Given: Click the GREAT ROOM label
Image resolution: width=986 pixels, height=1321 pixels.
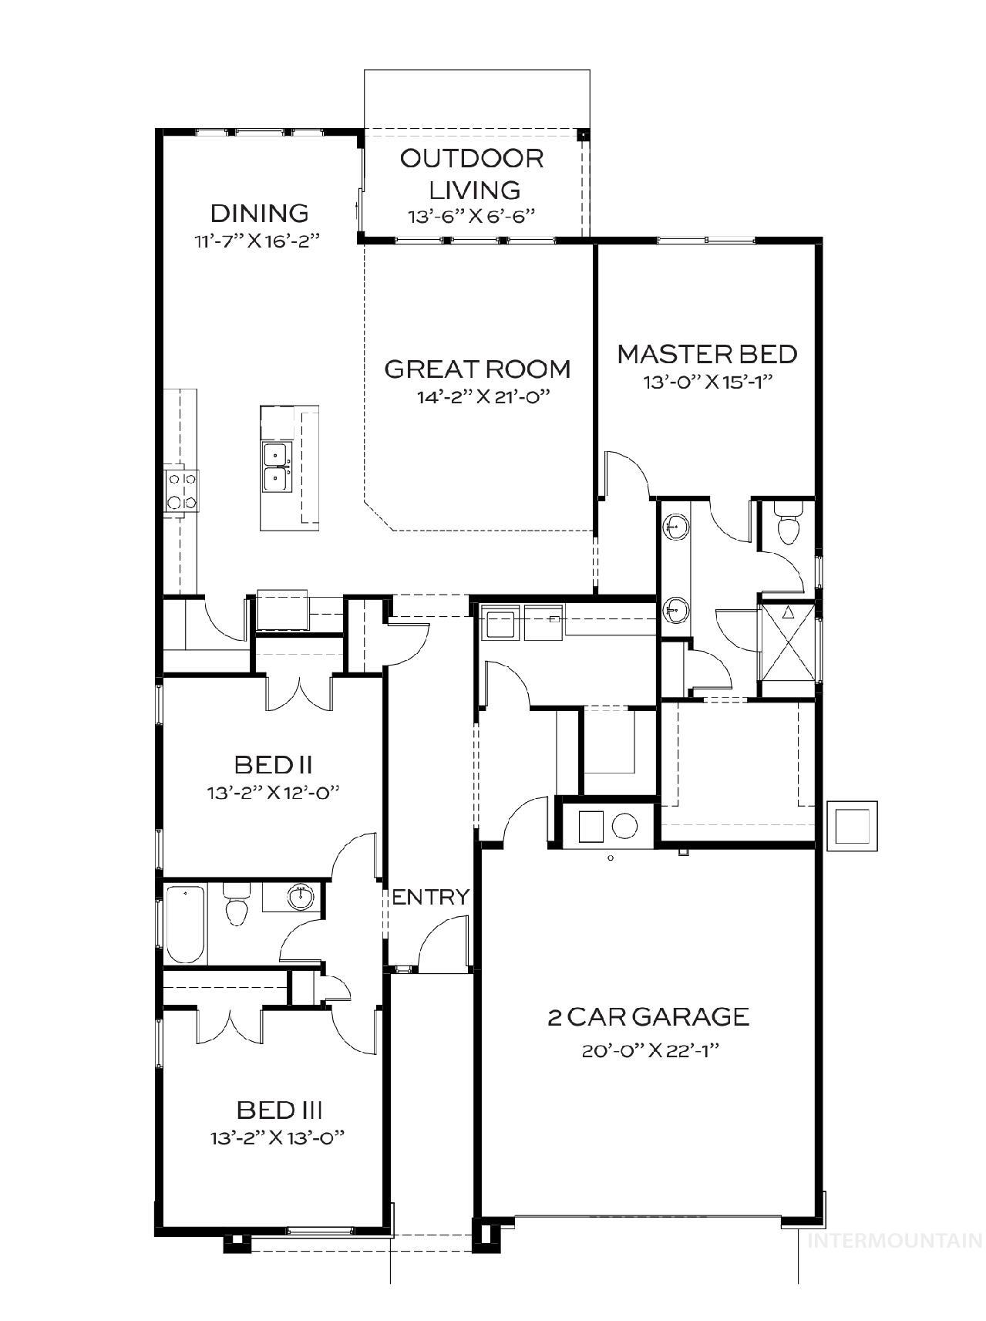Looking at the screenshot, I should tap(477, 369).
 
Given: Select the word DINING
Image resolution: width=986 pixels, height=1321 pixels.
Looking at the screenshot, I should tap(260, 213).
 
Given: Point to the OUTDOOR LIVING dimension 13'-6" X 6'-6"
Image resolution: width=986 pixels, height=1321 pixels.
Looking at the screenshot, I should tap(471, 217).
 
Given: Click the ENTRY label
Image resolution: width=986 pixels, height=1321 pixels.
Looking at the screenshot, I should tap(430, 897).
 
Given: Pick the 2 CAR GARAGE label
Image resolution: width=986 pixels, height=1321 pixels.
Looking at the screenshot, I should tap(648, 1016).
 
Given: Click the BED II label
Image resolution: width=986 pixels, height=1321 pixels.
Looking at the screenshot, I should tap(273, 765).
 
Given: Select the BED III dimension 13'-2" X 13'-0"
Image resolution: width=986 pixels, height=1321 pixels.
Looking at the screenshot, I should tap(276, 1137).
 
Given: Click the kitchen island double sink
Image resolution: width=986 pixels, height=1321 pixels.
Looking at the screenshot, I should tap(276, 467).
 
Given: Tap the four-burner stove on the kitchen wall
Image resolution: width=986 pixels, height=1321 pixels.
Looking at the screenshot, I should tap(182, 490).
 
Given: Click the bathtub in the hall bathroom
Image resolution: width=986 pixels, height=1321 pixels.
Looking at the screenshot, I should tap(185, 925).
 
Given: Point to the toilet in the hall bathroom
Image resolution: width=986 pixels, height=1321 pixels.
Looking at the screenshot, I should tap(236, 905).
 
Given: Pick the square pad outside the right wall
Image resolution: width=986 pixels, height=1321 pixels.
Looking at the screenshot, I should tap(851, 825).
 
